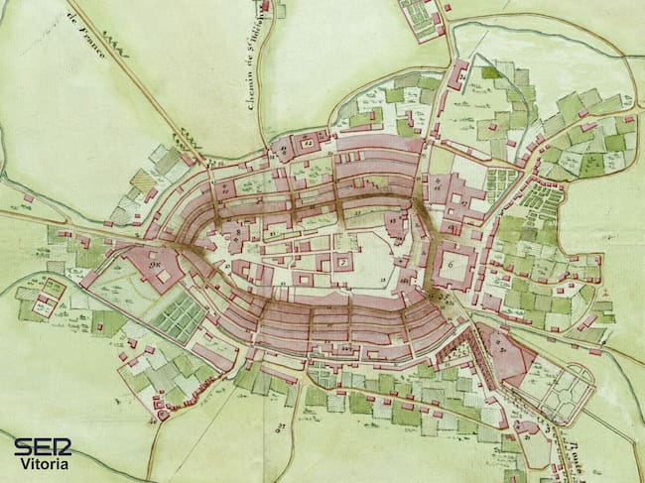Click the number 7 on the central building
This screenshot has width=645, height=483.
coord(343,262)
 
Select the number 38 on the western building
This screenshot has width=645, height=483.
coord(154,265)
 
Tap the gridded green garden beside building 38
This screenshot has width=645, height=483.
coord(180,316)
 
